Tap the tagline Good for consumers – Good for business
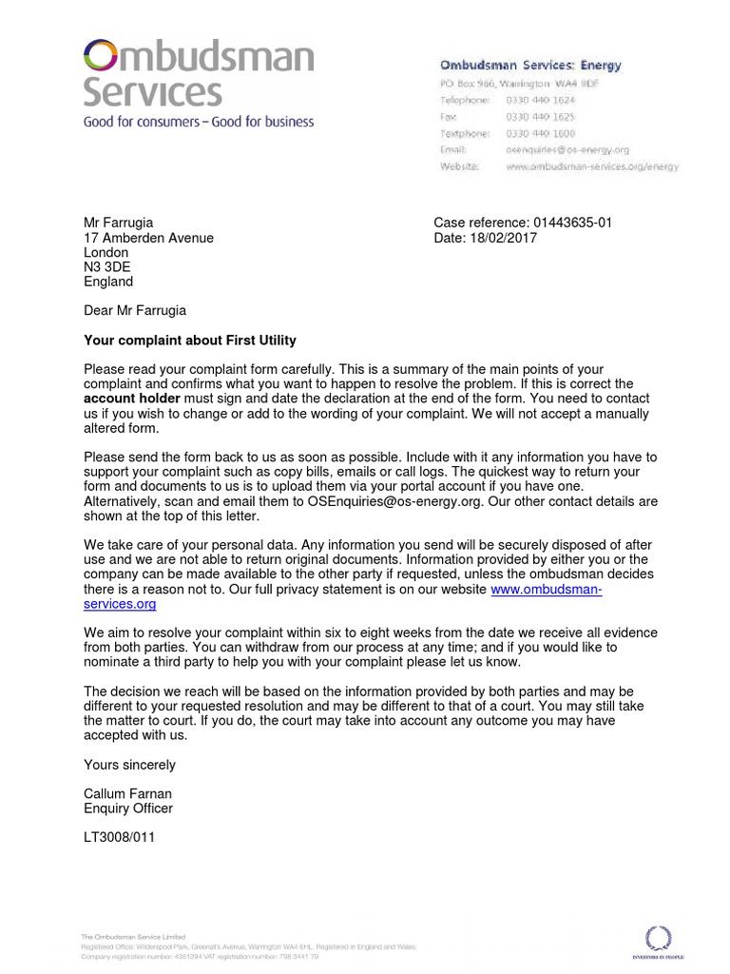pos(198,122)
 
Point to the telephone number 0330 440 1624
pos(540,100)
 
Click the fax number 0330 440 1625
pos(540,116)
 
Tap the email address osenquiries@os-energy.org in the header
pos(567,149)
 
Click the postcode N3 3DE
pos(107,267)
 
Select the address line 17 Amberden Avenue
pos(148,238)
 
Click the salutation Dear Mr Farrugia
pos(135,310)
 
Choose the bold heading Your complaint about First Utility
pos(190,340)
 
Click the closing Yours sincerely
pos(129,765)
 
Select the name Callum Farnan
pos(127,794)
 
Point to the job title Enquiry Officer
pos(128,808)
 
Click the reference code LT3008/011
pos(119,838)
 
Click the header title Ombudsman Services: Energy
pos(529,66)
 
